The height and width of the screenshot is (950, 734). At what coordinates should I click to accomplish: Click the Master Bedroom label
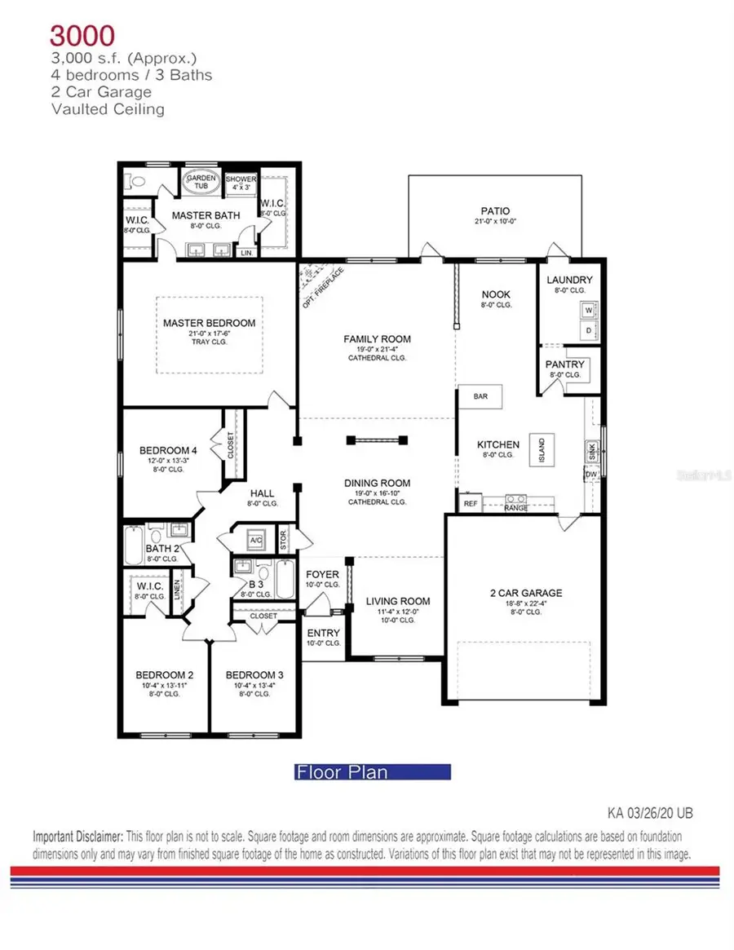click(x=209, y=323)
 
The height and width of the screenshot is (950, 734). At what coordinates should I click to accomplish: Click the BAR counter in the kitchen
click(x=480, y=396)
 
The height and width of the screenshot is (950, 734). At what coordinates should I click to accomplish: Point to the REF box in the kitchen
click(x=470, y=505)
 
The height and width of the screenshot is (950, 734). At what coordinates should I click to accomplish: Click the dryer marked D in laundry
click(x=589, y=330)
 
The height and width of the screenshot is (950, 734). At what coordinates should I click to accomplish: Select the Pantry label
click(x=564, y=364)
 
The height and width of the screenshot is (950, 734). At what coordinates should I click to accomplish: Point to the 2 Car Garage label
click(x=526, y=593)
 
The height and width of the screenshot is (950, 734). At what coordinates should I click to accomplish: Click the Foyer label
click(x=322, y=574)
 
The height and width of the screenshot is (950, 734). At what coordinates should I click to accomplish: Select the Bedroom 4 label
click(x=168, y=450)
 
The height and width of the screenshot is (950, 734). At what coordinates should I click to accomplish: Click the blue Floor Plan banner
click(x=372, y=771)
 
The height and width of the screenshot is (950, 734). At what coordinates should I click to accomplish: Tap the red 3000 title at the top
click(x=82, y=35)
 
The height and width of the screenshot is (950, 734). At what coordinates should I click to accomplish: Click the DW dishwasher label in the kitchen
click(x=592, y=474)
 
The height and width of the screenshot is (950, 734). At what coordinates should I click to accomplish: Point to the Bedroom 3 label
click(x=254, y=675)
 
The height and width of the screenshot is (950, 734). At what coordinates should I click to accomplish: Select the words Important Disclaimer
click(x=78, y=837)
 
